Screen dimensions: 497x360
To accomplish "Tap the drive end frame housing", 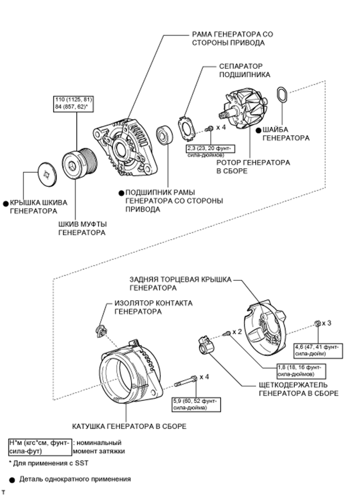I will coord(125,146).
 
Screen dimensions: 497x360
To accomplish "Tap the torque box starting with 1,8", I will coord(301,371).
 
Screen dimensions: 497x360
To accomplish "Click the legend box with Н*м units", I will coord(40,446).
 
